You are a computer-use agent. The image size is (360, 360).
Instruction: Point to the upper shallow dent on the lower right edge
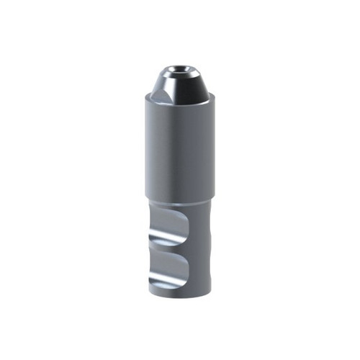pos(209,230)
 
